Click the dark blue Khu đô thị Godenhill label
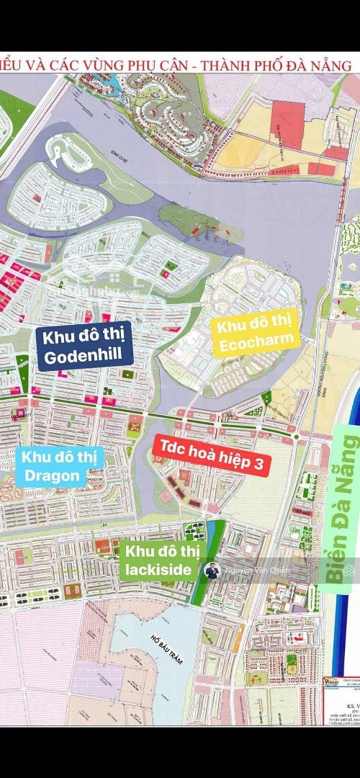pyautogui.click(x=86, y=346)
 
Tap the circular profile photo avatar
pyautogui.click(x=212, y=571)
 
